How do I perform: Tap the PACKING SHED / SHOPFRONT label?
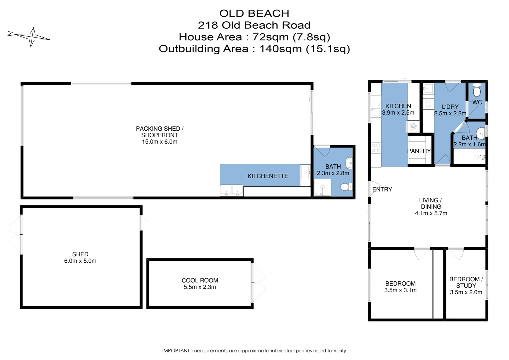pos(160,132)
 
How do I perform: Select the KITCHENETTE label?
pos(267,176)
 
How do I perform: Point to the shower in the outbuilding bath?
pos(322,188)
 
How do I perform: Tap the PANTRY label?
pos(419,151)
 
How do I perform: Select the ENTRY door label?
pos(382,189)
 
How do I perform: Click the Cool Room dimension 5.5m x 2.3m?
pos(200,287)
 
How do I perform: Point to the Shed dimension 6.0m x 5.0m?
pos(80,261)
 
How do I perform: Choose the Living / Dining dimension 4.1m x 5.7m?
pos(431,213)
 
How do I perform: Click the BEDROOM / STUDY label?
pos(466,282)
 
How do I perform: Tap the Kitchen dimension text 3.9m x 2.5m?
pos(398,113)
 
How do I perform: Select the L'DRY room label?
pos(450,107)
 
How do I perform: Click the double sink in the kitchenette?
pos(232,191)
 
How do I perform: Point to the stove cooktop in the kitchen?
pos(376,148)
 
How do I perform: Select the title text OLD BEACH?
pos(254,13)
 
